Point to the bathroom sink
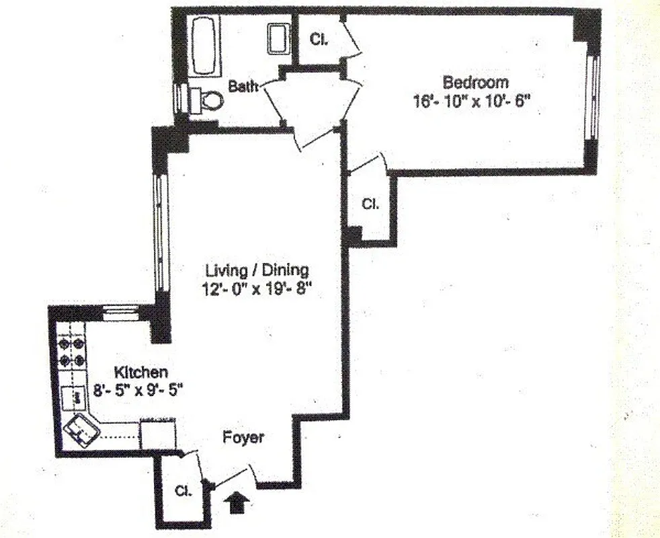coord(277,38)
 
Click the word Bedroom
coord(475,83)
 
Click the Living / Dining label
coord(257,271)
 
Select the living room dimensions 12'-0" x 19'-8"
coord(257,291)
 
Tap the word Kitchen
coord(140,371)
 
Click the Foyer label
coord(243,437)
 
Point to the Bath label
coord(243,86)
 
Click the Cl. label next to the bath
coord(318,40)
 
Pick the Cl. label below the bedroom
coord(370,204)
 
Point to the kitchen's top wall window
coord(121,311)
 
